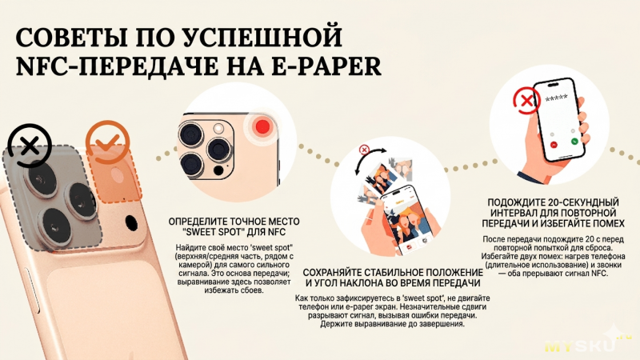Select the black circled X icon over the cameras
point(30,146)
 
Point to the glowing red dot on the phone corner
point(262,126)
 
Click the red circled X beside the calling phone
point(526,101)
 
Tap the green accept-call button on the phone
point(574,142)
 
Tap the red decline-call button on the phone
point(554,145)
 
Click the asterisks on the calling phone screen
point(556,98)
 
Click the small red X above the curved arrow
point(364,150)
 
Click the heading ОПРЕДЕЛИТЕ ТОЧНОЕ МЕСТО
point(234,222)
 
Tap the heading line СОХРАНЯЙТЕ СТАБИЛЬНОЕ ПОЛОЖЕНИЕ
point(393,272)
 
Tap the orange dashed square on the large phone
point(115,174)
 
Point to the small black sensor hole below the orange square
point(131,223)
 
